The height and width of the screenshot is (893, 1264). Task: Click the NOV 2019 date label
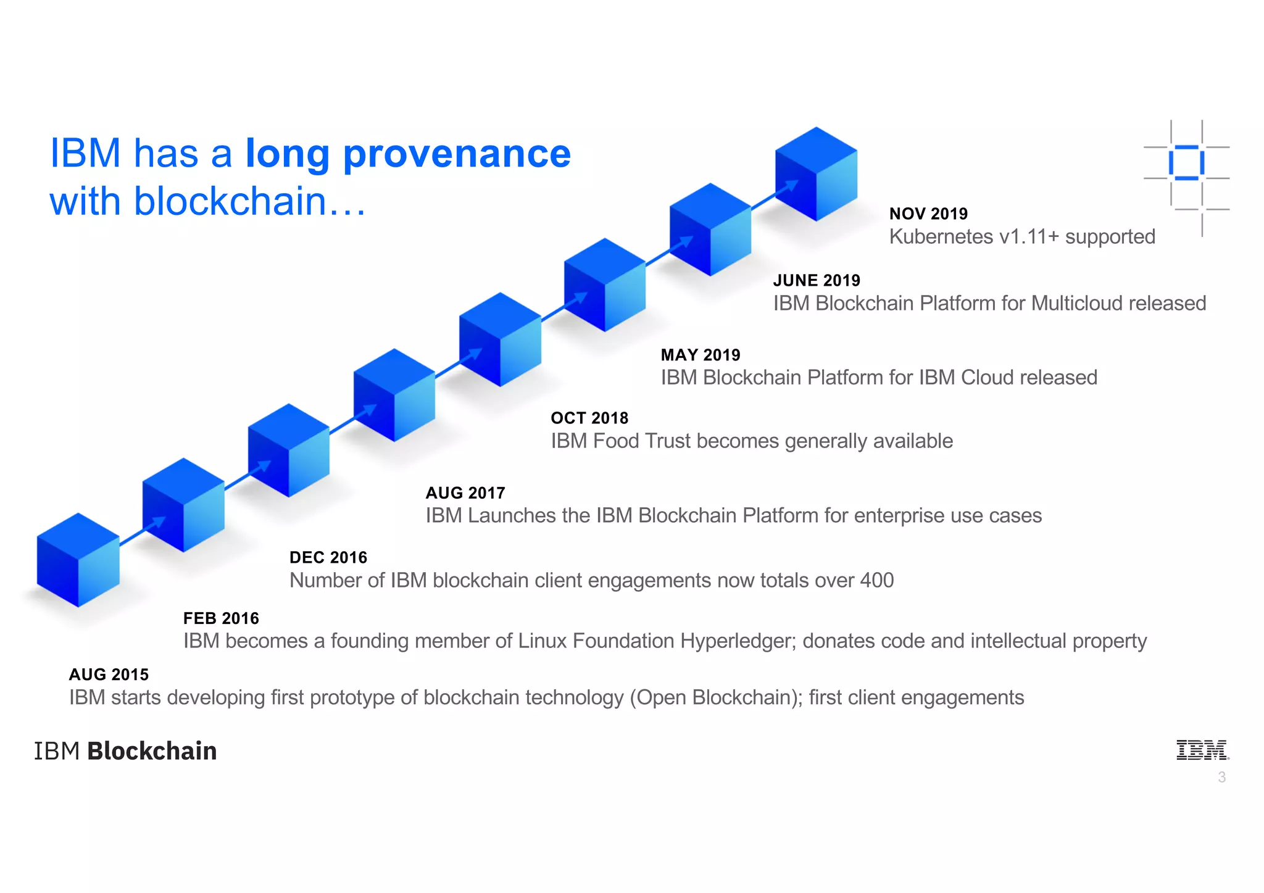pos(928,214)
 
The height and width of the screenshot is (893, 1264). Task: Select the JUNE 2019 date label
pos(816,280)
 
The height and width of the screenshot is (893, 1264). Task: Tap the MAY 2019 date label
pos(700,355)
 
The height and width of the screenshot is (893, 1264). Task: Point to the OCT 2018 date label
pos(589,418)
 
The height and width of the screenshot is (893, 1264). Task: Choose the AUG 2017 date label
pos(465,492)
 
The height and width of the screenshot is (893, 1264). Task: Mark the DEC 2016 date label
pos(328,557)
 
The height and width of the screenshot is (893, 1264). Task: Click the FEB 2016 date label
pos(221,618)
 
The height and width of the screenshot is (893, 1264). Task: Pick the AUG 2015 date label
pos(109,674)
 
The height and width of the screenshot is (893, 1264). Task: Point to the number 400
pos(876,580)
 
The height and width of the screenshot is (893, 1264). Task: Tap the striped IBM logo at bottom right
pos(1201,750)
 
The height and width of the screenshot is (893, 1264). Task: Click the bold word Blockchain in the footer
pos(152,751)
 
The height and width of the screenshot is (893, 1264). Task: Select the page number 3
pos(1221,778)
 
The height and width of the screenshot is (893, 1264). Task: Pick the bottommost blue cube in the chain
pos(78,560)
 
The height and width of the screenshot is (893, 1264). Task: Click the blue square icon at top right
pos(1186,163)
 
